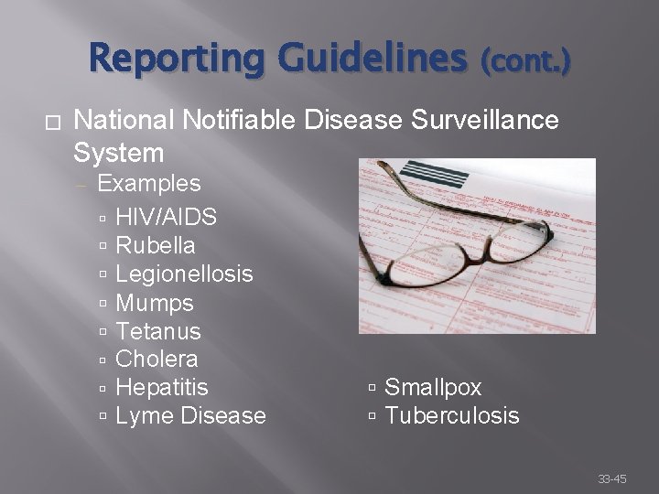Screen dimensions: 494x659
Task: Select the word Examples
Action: click(x=148, y=183)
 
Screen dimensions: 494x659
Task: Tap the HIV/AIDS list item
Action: click(x=167, y=217)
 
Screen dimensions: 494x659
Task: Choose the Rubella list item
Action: click(x=156, y=245)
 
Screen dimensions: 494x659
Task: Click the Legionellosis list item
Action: click(x=185, y=274)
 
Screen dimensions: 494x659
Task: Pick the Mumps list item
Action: click(x=155, y=303)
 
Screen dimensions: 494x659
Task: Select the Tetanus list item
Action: click(x=158, y=331)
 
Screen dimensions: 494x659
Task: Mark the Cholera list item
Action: click(x=157, y=359)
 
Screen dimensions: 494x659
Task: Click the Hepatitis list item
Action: click(x=162, y=388)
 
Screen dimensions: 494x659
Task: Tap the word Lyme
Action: click(x=146, y=416)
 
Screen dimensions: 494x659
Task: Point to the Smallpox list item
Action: click(x=433, y=388)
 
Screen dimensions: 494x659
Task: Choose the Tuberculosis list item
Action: click(x=452, y=416)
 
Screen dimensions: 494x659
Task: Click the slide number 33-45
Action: click(x=612, y=478)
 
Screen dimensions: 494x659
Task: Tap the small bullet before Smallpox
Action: click(x=373, y=388)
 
